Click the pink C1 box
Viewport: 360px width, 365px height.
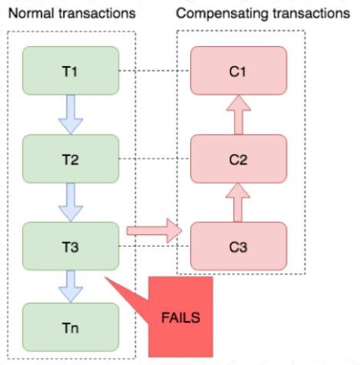[x=238, y=71]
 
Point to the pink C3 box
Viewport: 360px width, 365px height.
[x=238, y=246]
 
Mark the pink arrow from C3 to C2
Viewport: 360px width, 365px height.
[x=238, y=202]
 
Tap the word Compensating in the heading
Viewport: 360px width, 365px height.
[x=218, y=14]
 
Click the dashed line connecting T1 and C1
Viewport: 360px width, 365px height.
[x=154, y=71]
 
